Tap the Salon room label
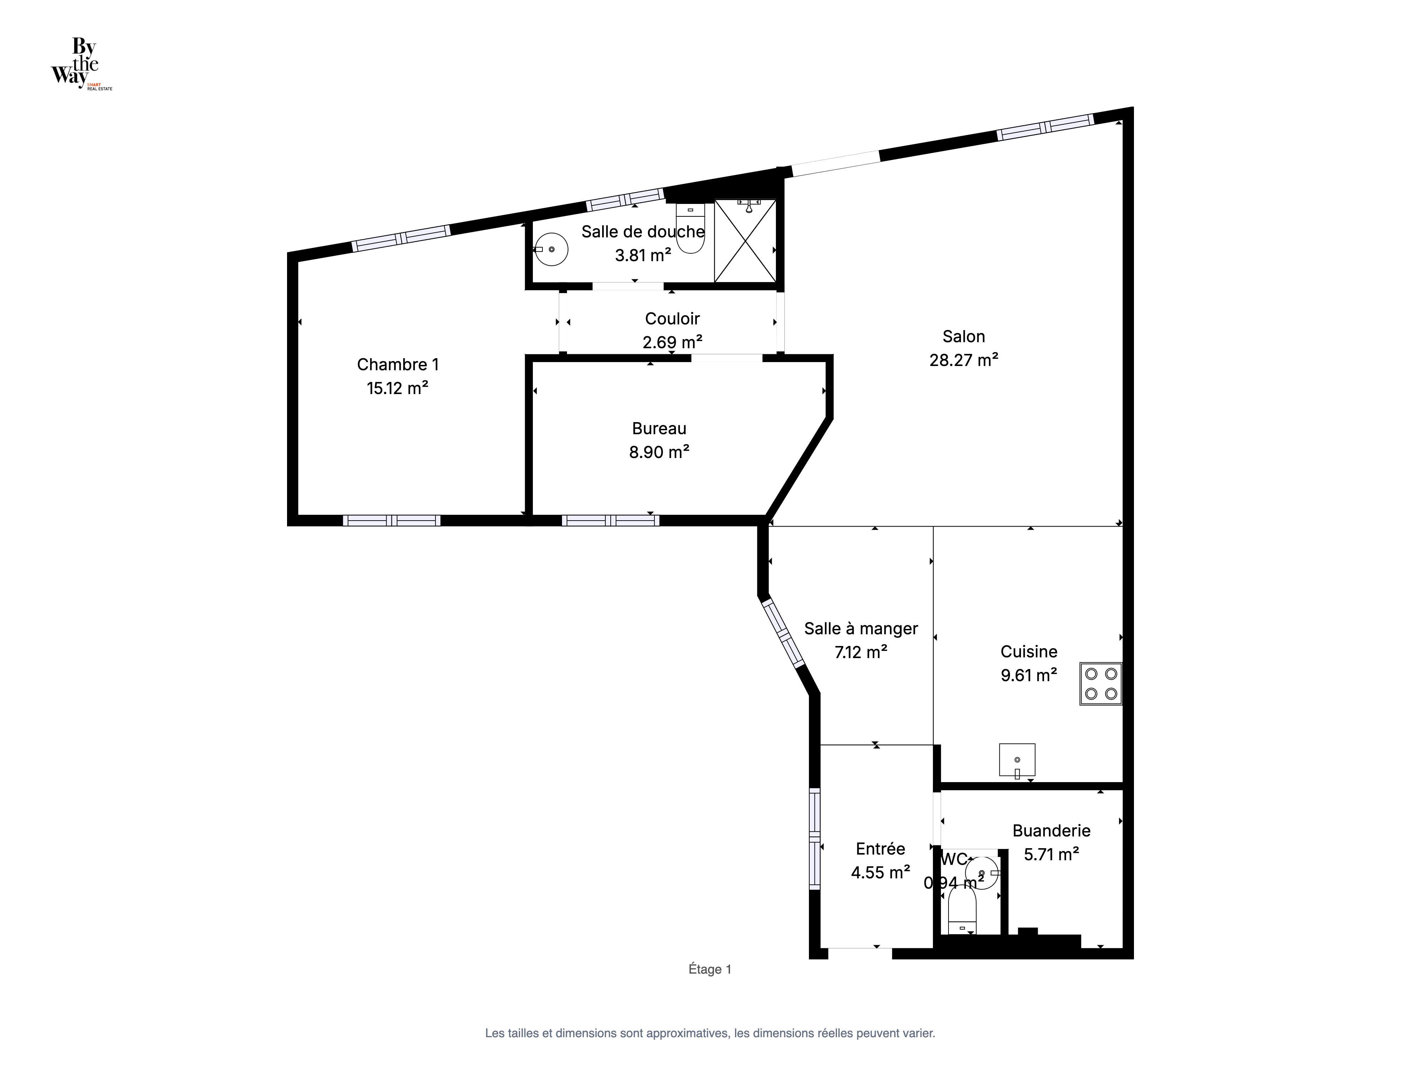(963, 336)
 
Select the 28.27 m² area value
(963, 360)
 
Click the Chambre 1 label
(398, 364)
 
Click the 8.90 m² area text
(659, 452)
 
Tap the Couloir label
(672, 319)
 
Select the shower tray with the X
(745, 241)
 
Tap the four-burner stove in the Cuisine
(1101, 684)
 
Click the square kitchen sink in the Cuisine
(1017, 760)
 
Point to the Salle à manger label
(861, 629)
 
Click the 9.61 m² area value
(1028, 675)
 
